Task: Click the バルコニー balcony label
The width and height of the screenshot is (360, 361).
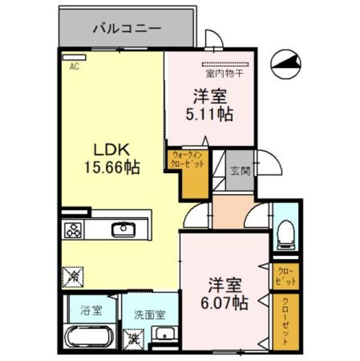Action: tap(127, 27)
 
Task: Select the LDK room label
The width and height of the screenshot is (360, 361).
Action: tap(112, 150)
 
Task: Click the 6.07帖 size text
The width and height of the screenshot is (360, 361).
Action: tap(224, 303)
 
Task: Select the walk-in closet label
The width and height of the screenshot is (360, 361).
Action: tap(186, 160)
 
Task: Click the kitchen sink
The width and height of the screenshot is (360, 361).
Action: tap(122, 228)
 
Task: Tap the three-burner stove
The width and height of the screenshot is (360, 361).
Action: tap(73, 230)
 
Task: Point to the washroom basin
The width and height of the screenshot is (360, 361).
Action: tap(164, 333)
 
